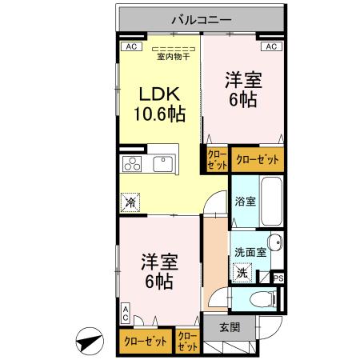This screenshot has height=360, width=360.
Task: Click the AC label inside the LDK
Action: [128, 46]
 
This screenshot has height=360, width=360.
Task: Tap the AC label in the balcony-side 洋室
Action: [271, 46]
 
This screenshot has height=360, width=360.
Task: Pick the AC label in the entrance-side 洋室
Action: [126, 313]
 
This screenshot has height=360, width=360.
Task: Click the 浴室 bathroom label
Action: [245, 201]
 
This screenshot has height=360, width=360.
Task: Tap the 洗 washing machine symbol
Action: [242, 272]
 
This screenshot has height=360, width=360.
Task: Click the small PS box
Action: [278, 278]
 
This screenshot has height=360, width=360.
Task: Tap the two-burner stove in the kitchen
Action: [132, 165]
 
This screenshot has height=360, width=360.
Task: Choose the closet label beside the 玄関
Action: [188, 342]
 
